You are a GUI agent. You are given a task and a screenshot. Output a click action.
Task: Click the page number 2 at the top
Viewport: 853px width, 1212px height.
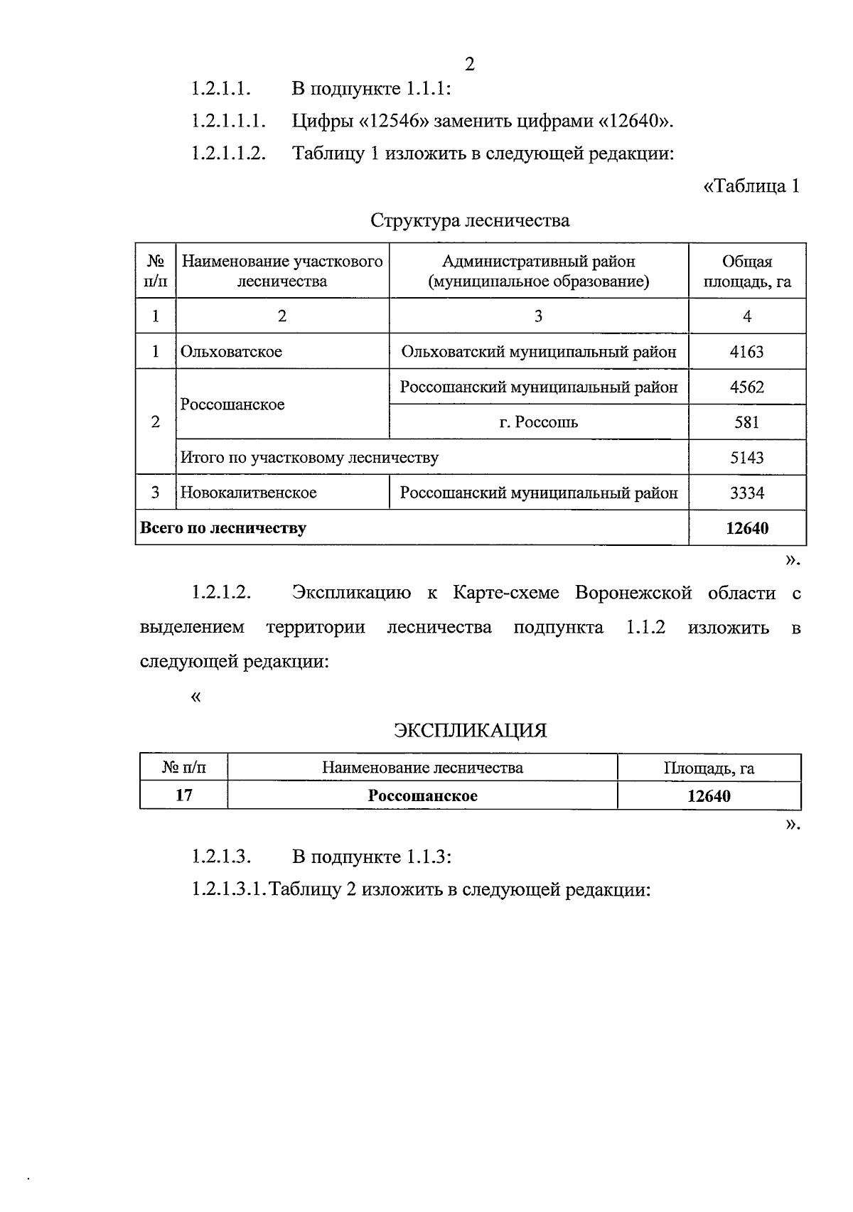click(x=469, y=65)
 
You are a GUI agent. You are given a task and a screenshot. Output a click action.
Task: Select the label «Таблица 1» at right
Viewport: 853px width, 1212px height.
click(x=751, y=186)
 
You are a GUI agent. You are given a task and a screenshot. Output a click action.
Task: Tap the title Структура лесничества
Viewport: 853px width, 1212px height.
click(x=469, y=220)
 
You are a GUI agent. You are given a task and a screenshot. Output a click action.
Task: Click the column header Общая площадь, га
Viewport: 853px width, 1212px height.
click(x=746, y=271)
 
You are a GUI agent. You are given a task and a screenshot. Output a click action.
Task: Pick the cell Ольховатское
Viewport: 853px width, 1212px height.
click(x=231, y=352)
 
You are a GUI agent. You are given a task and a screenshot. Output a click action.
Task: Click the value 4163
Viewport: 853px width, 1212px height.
click(x=746, y=352)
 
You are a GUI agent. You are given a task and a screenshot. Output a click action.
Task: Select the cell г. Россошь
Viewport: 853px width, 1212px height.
click(x=538, y=422)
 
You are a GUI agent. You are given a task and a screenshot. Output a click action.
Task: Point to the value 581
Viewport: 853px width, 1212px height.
click(x=746, y=422)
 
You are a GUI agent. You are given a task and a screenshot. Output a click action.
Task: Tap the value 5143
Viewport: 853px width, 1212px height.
click(x=746, y=458)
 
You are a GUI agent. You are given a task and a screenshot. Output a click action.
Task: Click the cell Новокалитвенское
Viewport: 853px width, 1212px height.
click(x=248, y=493)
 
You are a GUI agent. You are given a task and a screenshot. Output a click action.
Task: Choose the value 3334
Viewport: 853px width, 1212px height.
click(x=746, y=493)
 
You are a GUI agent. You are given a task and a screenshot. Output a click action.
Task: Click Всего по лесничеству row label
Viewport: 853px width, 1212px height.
click(x=223, y=528)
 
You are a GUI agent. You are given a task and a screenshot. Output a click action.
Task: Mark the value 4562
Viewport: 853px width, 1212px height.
click(x=746, y=387)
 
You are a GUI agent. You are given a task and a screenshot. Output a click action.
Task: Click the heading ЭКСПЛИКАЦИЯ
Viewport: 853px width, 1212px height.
click(x=470, y=731)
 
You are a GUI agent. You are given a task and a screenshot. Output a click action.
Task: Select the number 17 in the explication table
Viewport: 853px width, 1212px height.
click(x=183, y=795)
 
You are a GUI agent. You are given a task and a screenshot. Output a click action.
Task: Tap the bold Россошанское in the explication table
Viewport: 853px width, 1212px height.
click(x=422, y=795)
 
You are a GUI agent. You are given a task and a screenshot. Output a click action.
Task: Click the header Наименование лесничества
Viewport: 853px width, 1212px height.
click(x=422, y=768)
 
